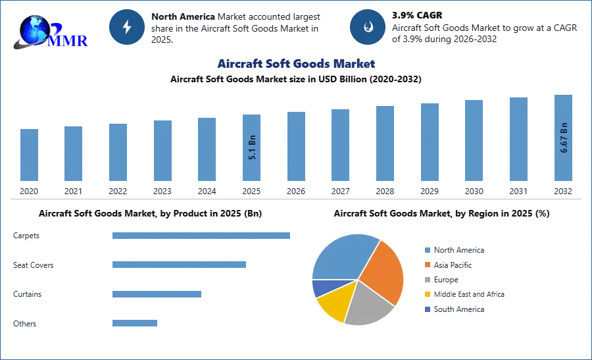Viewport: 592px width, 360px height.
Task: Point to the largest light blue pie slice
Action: pyautogui.click(x=342, y=257)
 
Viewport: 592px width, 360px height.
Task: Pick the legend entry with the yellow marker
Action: pyautogui.click(x=463, y=295)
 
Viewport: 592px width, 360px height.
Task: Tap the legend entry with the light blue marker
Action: pyautogui.click(x=454, y=249)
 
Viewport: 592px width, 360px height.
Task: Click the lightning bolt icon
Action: pyautogui.click(x=128, y=27)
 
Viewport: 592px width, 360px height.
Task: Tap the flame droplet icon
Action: pyautogui.click(x=368, y=27)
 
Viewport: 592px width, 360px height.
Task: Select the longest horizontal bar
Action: pyautogui.click(x=202, y=236)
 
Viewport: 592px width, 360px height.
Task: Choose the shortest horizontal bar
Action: pyautogui.click(x=134, y=322)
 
